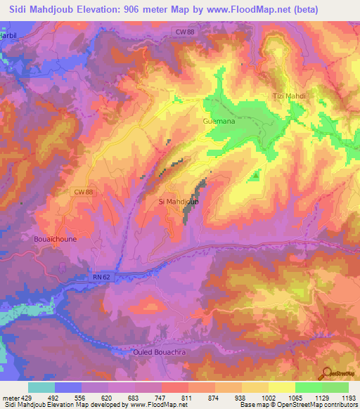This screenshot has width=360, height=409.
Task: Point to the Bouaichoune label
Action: pos(55,238)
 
